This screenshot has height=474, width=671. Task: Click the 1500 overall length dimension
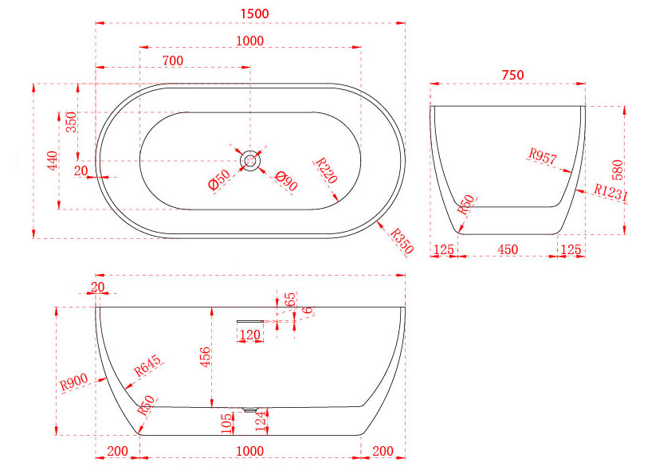(255, 14)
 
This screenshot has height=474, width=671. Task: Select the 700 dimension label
(173, 61)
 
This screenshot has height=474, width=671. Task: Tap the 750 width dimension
(512, 76)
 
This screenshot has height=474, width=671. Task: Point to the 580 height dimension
(618, 170)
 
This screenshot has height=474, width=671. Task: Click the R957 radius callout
(543, 157)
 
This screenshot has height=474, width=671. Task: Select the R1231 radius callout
(611, 193)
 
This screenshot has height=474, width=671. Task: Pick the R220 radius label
(327, 170)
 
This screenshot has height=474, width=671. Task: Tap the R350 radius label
(402, 241)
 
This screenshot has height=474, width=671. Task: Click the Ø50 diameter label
(219, 179)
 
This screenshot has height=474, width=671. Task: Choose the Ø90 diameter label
(286, 181)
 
